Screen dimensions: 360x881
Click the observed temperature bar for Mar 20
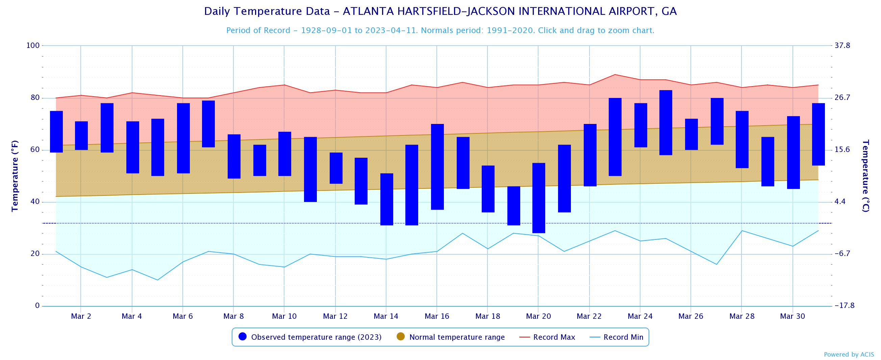pos(538,198)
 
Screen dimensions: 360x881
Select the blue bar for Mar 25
pos(665,122)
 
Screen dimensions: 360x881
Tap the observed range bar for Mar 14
pos(386,199)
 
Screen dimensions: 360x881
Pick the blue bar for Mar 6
pos(183,138)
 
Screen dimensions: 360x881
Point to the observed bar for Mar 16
pos(437,167)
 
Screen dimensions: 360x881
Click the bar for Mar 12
pos(336,168)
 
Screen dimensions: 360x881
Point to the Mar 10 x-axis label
pos(284,316)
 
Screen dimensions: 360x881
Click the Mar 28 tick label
pos(741,316)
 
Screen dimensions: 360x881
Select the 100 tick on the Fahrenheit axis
pos(33,46)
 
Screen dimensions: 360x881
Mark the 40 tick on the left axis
pos(35,202)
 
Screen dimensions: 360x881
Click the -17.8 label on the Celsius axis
pos(844,306)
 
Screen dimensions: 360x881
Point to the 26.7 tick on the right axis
pos(842,98)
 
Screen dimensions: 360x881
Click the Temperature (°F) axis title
pos(15,176)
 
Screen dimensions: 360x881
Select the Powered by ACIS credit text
pos(849,355)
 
